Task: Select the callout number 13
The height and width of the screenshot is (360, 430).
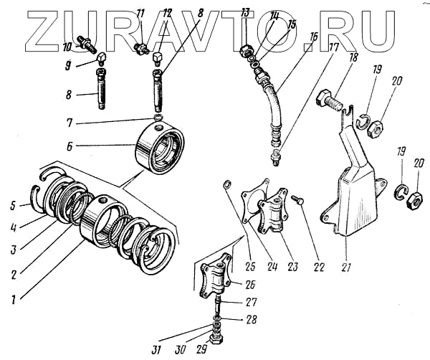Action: (x=245, y=12)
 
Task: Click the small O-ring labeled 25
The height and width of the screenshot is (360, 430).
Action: (x=226, y=187)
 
